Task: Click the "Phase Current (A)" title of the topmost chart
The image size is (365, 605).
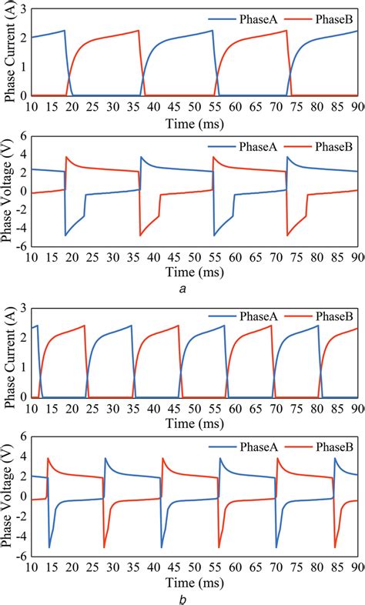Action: (x=10, y=52)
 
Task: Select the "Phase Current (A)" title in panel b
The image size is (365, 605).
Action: (x=10, y=354)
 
